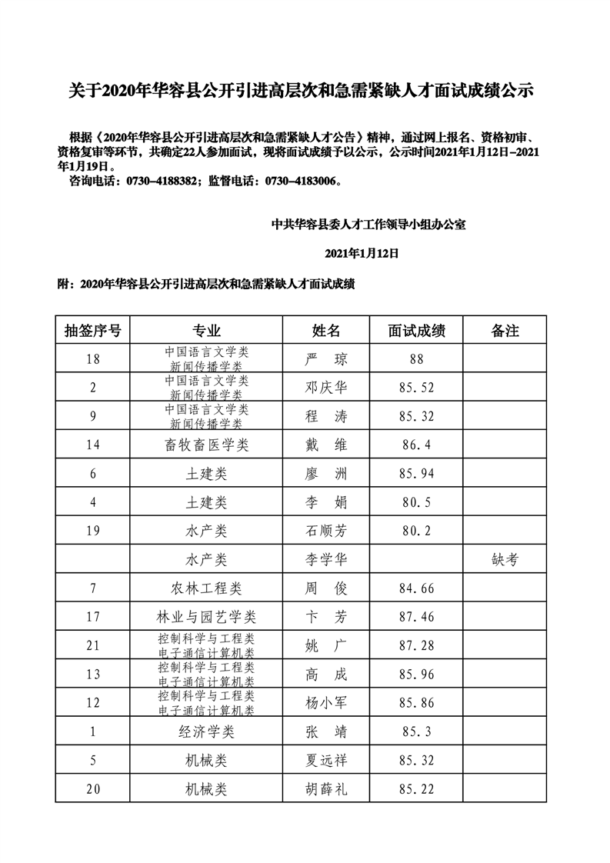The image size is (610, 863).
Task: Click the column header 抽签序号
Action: tap(93, 331)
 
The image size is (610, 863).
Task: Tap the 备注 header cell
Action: tap(505, 331)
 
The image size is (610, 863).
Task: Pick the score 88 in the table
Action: tap(417, 359)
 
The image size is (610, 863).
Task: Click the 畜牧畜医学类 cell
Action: tap(207, 445)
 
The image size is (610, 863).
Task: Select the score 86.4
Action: tap(417, 445)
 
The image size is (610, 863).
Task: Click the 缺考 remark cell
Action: tap(505, 560)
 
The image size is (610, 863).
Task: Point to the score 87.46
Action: tap(417, 617)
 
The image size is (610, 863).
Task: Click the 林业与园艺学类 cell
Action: tap(207, 617)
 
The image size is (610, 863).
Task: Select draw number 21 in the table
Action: tap(93, 645)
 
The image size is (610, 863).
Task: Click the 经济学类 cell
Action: tap(207, 731)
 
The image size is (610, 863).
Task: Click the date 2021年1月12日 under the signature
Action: tap(365, 253)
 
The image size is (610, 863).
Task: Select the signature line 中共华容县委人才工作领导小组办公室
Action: tap(369, 225)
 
